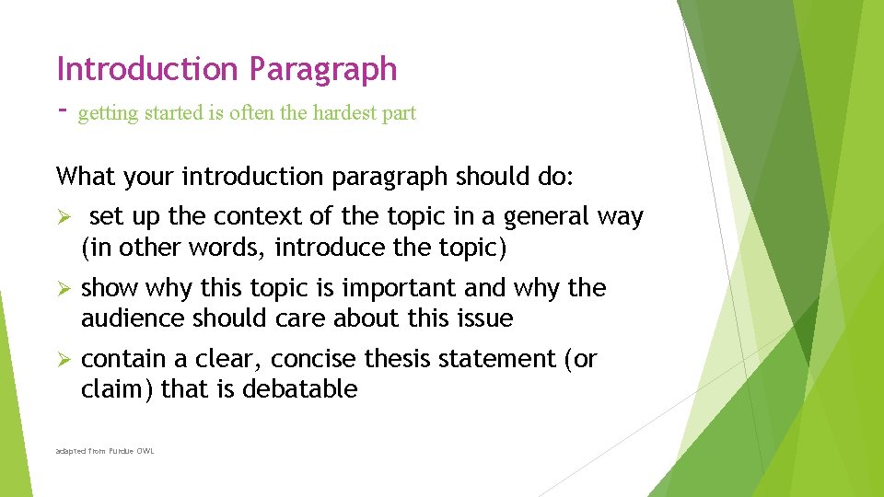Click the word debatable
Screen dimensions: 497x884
pos(300,389)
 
